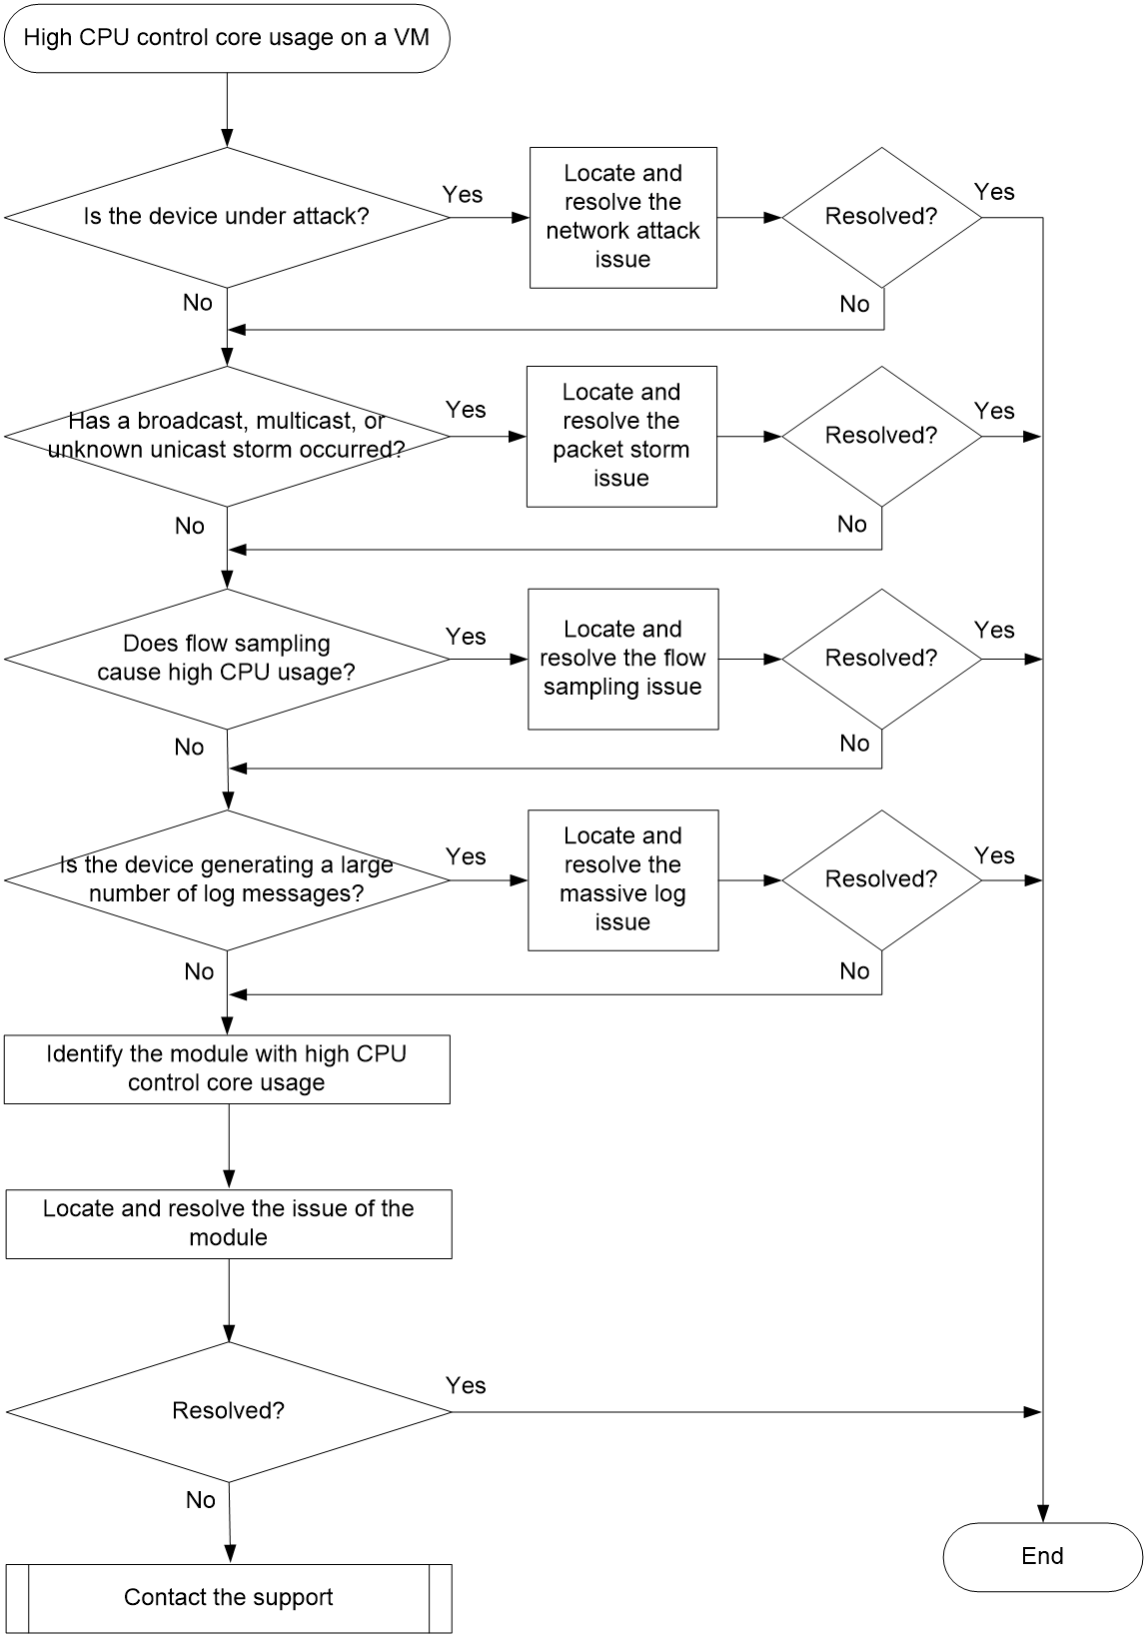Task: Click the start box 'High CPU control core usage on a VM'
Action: tap(227, 38)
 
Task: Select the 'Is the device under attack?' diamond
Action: tap(227, 217)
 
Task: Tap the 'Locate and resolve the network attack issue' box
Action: tap(622, 217)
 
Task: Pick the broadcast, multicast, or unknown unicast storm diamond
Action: tap(227, 437)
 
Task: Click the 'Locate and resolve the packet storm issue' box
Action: tap(621, 437)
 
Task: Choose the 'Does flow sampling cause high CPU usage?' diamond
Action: tap(227, 659)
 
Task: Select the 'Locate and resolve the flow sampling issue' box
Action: tap(622, 659)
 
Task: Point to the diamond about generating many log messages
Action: tap(227, 879)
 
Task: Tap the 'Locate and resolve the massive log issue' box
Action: tap(622, 879)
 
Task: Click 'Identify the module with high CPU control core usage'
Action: tap(227, 1068)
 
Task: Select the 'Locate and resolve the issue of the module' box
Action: tap(229, 1223)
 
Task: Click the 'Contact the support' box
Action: tap(229, 1598)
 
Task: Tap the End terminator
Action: tap(1042, 1557)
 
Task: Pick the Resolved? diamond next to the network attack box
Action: tap(882, 217)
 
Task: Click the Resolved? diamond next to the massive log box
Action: tap(882, 879)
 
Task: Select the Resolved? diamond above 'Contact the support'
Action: tap(229, 1411)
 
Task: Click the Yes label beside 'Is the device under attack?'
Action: tap(463, 195)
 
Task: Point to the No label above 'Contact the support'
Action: tap(200, 1500)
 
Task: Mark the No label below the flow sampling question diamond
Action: tap(189, 747)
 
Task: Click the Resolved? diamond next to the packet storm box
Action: tap(882, 437)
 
